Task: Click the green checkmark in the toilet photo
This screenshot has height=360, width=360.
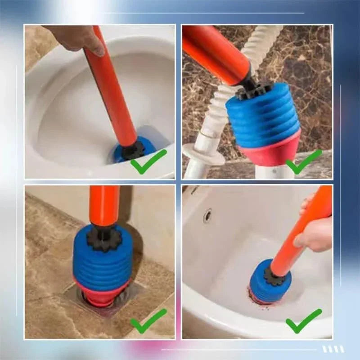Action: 148,162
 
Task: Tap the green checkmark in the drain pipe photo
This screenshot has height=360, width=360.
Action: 304,162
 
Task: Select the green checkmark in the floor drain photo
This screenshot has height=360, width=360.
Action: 148,320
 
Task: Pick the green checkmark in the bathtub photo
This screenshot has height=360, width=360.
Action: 304,320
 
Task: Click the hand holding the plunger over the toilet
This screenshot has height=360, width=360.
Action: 76,38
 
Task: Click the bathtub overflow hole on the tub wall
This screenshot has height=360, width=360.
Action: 207,216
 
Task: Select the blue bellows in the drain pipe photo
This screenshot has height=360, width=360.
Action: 263,117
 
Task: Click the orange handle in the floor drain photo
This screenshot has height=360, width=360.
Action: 104,205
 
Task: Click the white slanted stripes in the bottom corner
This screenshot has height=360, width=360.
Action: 333,349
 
